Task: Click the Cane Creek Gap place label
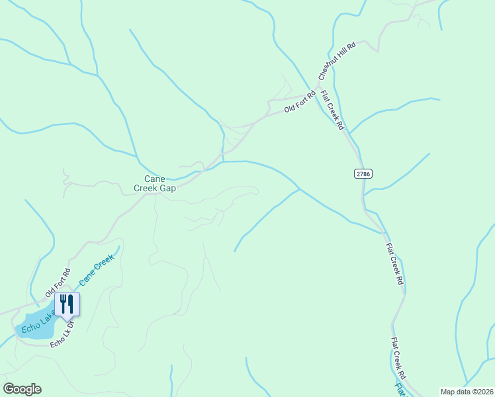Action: (x=156, y=183)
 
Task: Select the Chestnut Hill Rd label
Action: (x=337, y=59)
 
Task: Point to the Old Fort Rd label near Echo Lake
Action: (x=58, y=283)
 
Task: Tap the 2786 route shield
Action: (x=363, y=173)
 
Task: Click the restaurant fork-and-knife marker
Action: (x=67, y=304)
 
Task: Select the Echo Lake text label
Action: (x=37, y=320)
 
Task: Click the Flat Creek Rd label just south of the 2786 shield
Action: (x=394, y=263)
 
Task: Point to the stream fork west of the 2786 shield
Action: (x=299, y=189)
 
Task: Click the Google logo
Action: (x=22, y=389)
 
